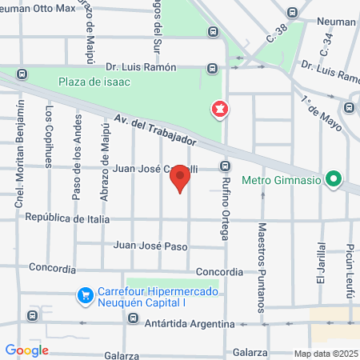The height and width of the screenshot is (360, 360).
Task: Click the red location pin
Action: [181, 178]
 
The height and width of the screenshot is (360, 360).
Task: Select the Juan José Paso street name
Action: [151, 246]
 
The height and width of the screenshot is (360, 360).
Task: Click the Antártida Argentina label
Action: [190, 324]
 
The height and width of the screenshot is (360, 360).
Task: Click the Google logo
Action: [26, 350]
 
